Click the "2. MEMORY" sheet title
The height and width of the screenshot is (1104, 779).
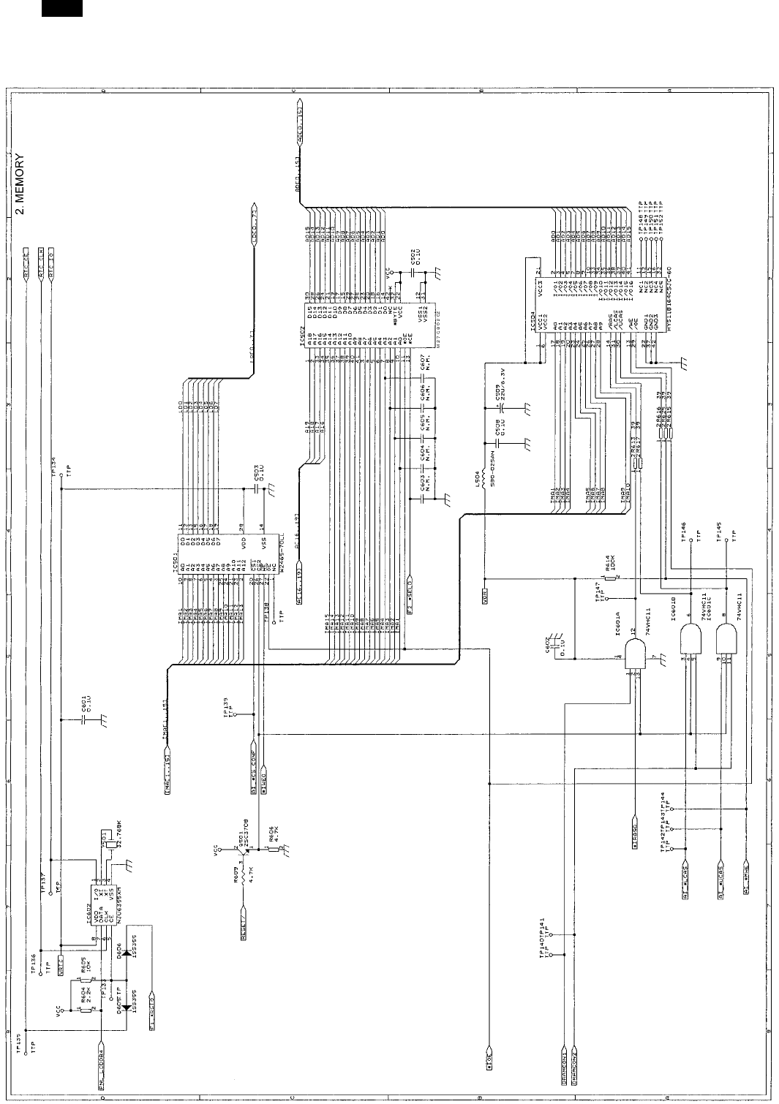point(21,184)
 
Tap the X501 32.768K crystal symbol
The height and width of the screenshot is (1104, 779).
point(108,845)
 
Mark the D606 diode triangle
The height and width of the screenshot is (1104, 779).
point(129,953)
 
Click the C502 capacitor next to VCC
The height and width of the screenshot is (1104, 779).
point(413,272)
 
